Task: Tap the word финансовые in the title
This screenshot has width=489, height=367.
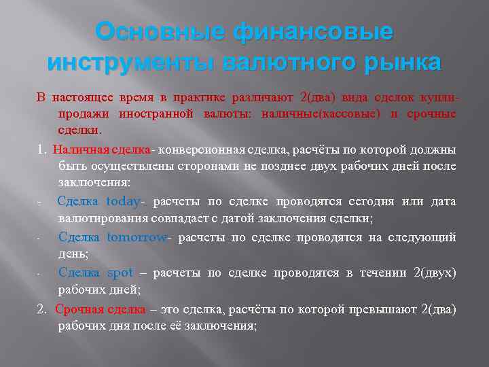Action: [x=312, y=32]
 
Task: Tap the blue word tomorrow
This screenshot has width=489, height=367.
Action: [x=137, y=237]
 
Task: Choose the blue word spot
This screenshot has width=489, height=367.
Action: [x=120, y=273]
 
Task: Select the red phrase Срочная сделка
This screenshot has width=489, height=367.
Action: [x=101, y=309]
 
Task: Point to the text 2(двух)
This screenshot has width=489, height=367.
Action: [x=435, y=273]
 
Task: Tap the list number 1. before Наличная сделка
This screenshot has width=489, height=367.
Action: [x=41, y=149]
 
